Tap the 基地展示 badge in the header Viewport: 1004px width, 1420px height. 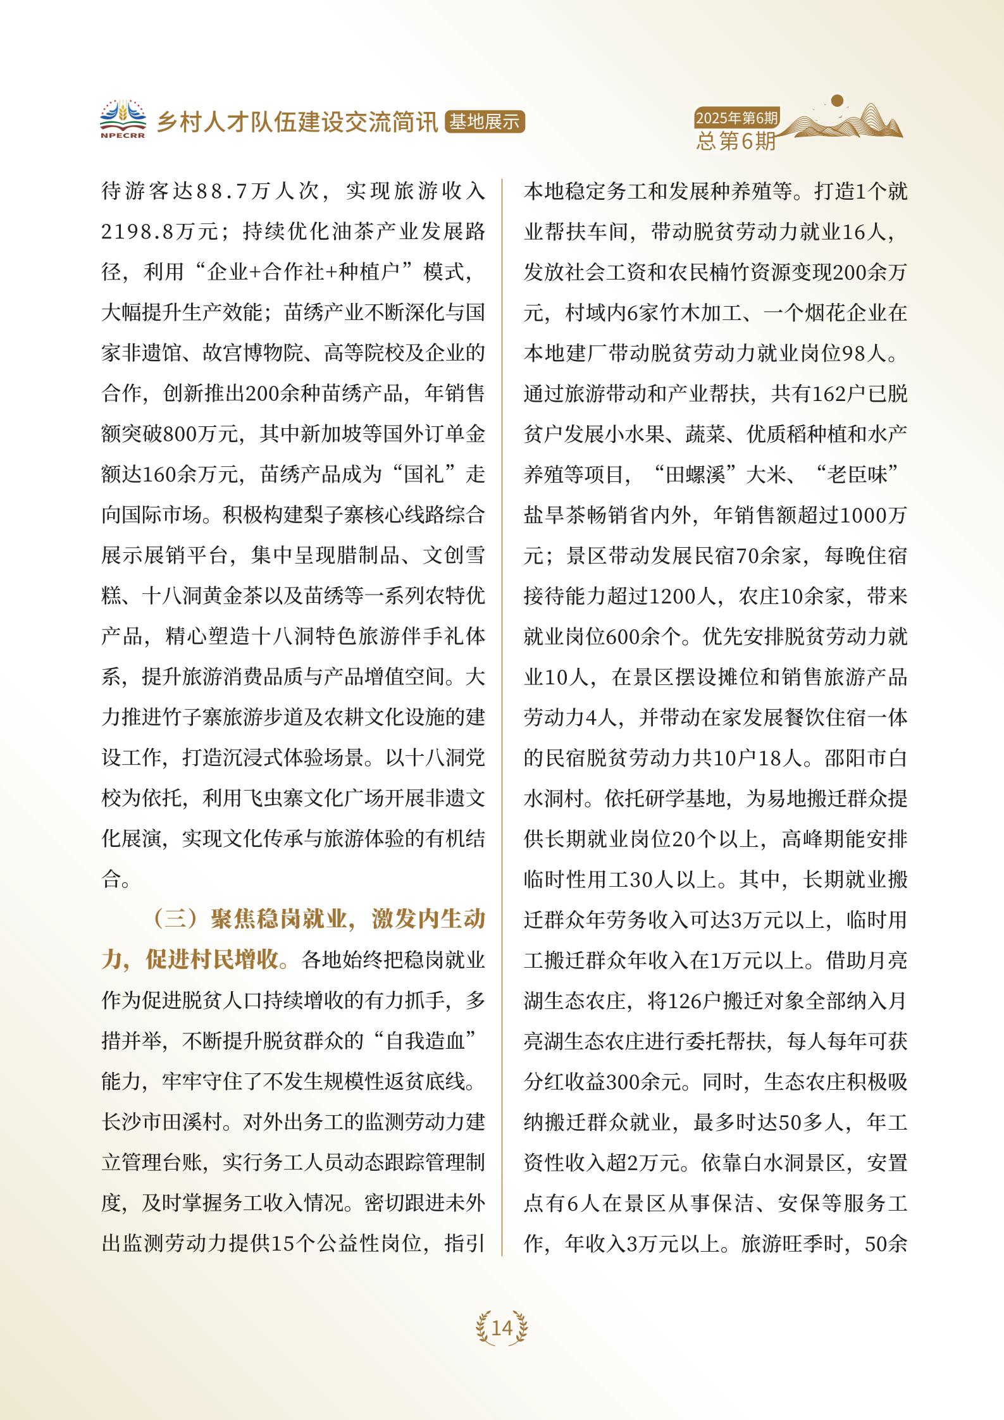pos(486,122)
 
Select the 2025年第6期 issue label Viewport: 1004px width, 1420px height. pos(736,118)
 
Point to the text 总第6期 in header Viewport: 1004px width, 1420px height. pos(736,141)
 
